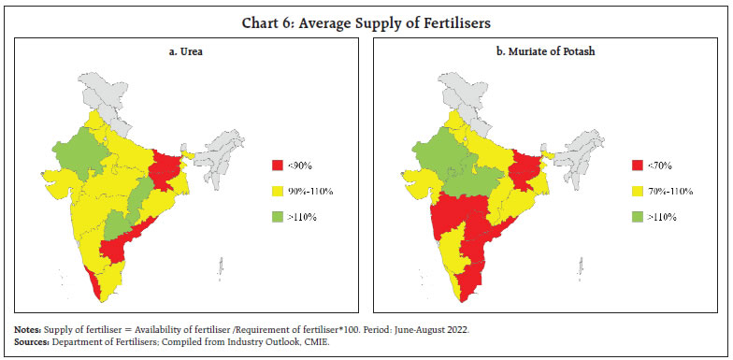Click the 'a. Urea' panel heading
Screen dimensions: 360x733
(x=185, y=53)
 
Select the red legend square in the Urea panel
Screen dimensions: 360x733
(x=279, y=165)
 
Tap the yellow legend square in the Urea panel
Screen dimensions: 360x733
(x=279, y=191)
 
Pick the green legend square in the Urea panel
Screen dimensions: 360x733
(x=279, y=217)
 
